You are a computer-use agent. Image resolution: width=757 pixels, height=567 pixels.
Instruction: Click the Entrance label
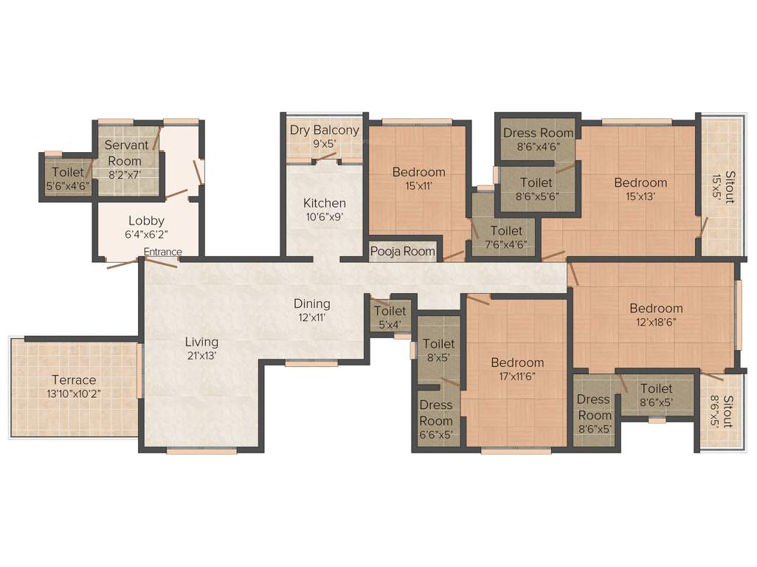[162, 252]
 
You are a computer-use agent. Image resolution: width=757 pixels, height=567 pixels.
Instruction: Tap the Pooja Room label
[403, 251]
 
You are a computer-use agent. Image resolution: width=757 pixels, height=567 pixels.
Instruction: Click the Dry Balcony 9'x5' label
[324, 137]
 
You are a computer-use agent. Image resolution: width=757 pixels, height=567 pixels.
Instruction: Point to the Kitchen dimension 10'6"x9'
[324, 217]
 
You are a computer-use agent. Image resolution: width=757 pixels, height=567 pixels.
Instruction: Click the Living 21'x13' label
[201, 348]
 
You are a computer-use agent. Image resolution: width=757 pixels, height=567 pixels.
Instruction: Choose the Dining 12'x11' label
[311, 310]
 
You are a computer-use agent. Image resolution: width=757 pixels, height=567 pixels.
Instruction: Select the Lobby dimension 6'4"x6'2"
[146, 234]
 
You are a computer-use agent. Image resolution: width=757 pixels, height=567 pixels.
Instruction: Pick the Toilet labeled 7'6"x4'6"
[506, 238]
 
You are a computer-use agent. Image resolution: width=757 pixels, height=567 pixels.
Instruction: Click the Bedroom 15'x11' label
[418, 179]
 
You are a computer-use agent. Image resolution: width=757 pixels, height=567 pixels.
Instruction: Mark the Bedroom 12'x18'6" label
[655, 315]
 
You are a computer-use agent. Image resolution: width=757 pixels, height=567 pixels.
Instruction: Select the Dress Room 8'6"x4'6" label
[538, 139]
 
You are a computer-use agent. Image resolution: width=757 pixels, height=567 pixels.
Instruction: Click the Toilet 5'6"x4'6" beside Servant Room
[67, 179]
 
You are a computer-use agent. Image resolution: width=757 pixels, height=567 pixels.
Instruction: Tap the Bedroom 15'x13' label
[640, 189]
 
